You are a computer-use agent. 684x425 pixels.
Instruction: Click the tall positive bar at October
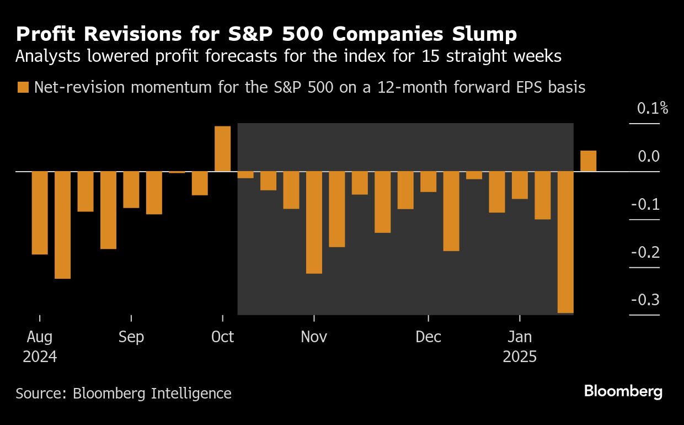222,149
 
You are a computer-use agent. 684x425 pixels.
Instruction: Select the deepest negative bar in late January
565,242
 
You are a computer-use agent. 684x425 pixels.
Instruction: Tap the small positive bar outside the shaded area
588,161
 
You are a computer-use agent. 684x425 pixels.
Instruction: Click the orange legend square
23,87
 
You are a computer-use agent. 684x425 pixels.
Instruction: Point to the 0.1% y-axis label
653,109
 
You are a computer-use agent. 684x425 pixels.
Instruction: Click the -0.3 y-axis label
645,300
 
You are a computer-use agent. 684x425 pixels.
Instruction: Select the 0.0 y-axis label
649,157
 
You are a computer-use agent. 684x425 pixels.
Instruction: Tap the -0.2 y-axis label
645,252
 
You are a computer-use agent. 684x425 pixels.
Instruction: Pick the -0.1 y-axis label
645,205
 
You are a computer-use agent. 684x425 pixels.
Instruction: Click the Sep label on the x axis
131,337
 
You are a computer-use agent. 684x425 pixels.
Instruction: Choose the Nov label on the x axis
314,337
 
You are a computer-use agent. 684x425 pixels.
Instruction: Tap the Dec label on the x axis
428,337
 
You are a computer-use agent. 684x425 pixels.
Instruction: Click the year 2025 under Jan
520,357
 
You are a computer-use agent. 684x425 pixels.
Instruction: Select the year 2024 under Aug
40,357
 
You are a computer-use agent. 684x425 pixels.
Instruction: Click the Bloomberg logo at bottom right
623,392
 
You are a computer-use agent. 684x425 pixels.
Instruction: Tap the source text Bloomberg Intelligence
152,394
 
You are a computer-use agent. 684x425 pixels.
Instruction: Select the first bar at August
40,213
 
